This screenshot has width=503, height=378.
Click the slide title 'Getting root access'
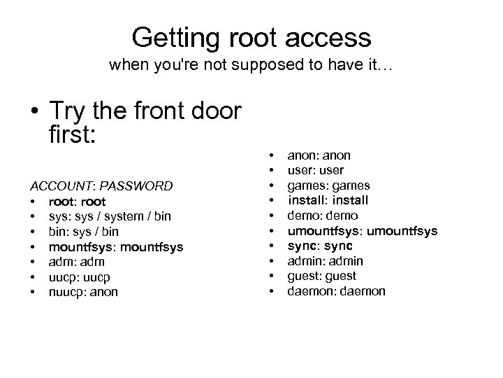click(x=251, y=36)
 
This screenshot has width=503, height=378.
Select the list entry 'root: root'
click(x=77, y=202)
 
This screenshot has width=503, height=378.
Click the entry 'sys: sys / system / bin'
click(x=110, y=216)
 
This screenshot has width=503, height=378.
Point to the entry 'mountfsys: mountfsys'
click(x=116, y=246)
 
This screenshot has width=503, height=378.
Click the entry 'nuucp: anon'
click(x=83, y=293)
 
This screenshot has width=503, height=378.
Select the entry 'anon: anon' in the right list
click(x=319, y=155)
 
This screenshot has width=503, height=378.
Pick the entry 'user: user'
click(x=316, y=170)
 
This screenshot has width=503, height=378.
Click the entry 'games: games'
click(x=329, y=185)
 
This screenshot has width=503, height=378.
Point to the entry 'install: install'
click(x=328, y=201)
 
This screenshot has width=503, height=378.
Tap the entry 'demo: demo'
click(x=323, y=216)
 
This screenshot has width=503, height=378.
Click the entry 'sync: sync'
click(x=321, y=246)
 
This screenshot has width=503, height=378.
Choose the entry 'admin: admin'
click(x=326, y=261)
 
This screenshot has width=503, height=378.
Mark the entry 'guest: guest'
click(x=322, y=276)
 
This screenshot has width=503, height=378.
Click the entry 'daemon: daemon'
click(x=336, y=291)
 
